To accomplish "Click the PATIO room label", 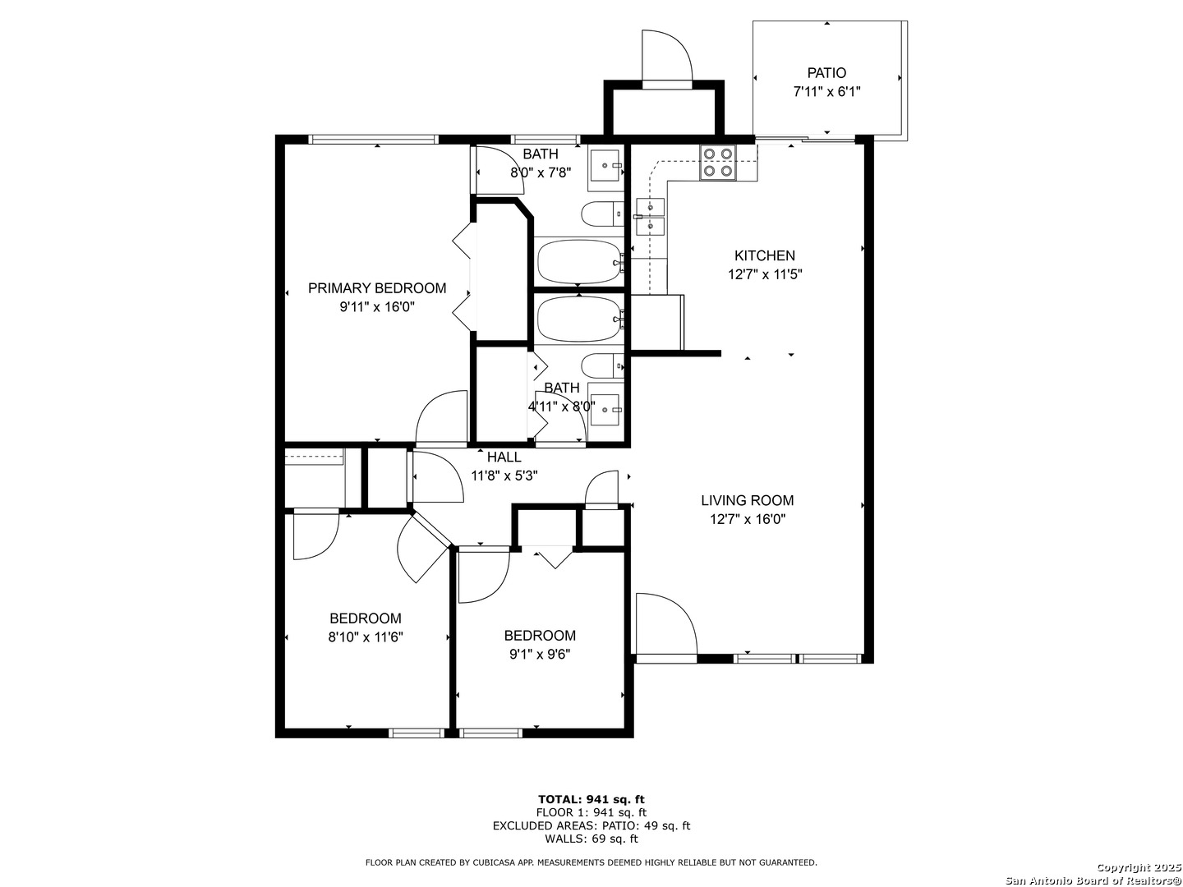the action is coord(826,73).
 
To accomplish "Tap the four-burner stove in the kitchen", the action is coord(718,163).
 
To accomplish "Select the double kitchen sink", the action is coord(650,217).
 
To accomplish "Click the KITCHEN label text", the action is coord(764,255).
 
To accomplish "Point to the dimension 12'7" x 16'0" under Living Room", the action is coord(747,520).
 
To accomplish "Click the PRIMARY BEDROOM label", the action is coord(377,288).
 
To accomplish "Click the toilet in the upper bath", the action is coord(602,214).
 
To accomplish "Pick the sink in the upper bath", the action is coord(605,165).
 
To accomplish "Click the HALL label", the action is coord(504,457).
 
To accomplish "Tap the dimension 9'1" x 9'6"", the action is coord(540,655).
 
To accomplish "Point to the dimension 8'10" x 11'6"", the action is coord(366,637).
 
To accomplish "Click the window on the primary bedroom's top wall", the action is coord(373,140).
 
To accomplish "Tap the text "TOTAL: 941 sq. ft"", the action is coord(591,799).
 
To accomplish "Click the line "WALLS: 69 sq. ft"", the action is coord(591,839).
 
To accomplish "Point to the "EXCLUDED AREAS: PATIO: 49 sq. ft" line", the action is coord(591,825).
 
